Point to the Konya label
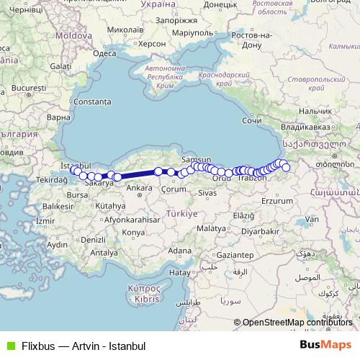pos(133,233)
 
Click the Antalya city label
pos(104,253)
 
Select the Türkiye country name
pos(183,214)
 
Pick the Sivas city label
pos(207,194)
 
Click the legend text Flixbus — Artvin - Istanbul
pos(84,346)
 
